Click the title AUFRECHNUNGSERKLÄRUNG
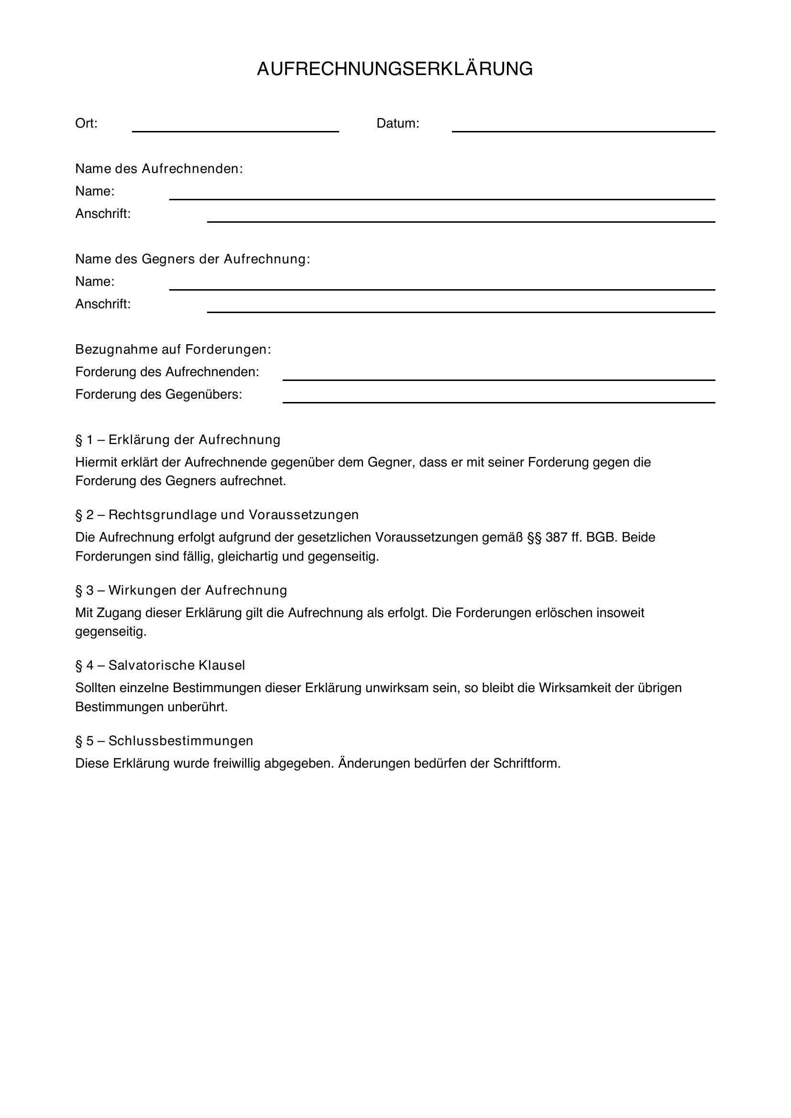(x=395, y=69)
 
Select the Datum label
(x=397, y=124)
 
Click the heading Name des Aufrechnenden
(x=159, y=169)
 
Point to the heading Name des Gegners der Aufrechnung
(x=192, y=259)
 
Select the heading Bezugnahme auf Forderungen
(x=173, y=349)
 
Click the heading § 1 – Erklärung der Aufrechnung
(x=178, y=440)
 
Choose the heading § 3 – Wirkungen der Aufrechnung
(x=181, y=590)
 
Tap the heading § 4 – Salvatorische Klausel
(x=160, y=665)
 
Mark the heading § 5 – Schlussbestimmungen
(x=164, y=740)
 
